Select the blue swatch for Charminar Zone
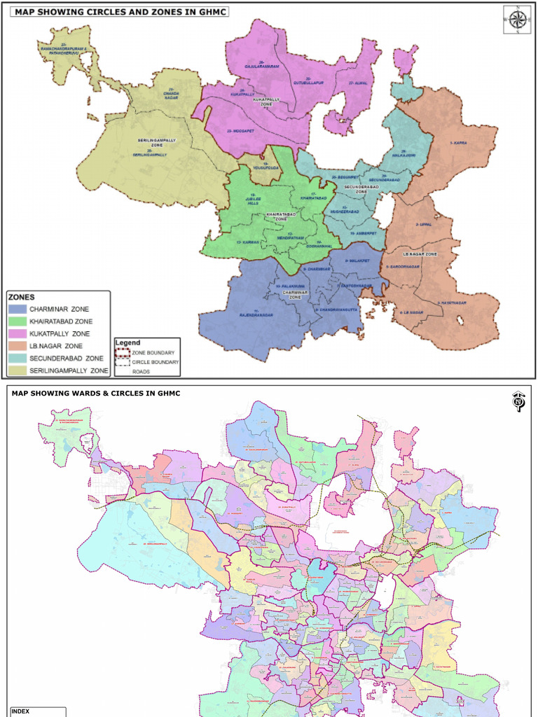coord(17,309)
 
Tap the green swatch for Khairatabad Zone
coord(17,321)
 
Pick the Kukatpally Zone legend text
coord(60,334)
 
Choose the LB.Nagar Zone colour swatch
coord(17,346)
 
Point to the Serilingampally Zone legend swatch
coord(17,370)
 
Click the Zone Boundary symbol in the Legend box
coord(124,352)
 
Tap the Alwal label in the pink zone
coord(357,83)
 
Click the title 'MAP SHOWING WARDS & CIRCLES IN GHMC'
coord(95,394)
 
